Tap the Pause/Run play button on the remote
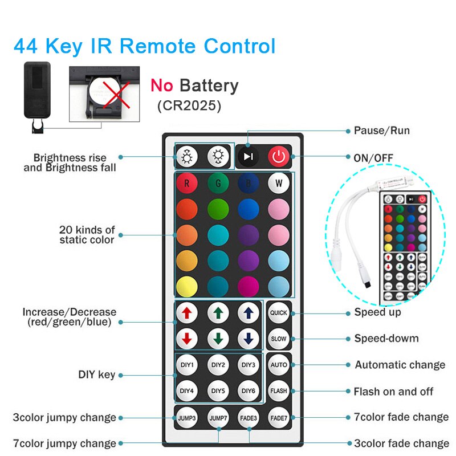(x=247, y=156)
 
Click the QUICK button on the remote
(x=278, y=312)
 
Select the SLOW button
(x=278, y=339)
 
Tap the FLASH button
(x=278, y=391)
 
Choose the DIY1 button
(x=186, y=365)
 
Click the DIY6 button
(x=249, y=391)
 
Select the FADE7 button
(x=278, y=417)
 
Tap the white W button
(x=278, y=184)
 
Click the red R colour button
(x=186, y=184)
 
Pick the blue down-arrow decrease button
(x=249, y=339)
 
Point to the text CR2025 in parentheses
(x=189, y=105)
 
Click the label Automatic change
(x=400, y=365)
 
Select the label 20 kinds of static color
(x=87, y=235)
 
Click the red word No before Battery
(x=162, y=86)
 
